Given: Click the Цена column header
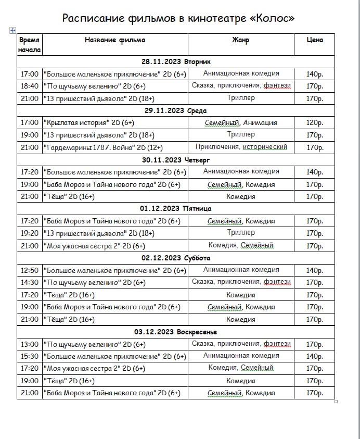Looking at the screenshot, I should click(314, 40).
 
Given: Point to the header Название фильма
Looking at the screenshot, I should click(115, 40).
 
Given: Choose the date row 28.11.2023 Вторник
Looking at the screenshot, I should click(175, 61).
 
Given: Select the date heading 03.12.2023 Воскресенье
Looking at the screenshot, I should click(175, 332).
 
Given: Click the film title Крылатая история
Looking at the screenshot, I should click(88, 123).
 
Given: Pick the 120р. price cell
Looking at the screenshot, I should click(314, 123).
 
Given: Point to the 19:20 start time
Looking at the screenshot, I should click(30, 233).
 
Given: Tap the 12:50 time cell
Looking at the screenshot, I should click(30, 270).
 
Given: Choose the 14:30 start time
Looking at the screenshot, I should click(30, 283).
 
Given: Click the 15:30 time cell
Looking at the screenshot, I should click(30, 357).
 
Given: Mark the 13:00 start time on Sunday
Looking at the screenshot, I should click(30, 344).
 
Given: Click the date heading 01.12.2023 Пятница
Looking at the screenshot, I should click(175, 209).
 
